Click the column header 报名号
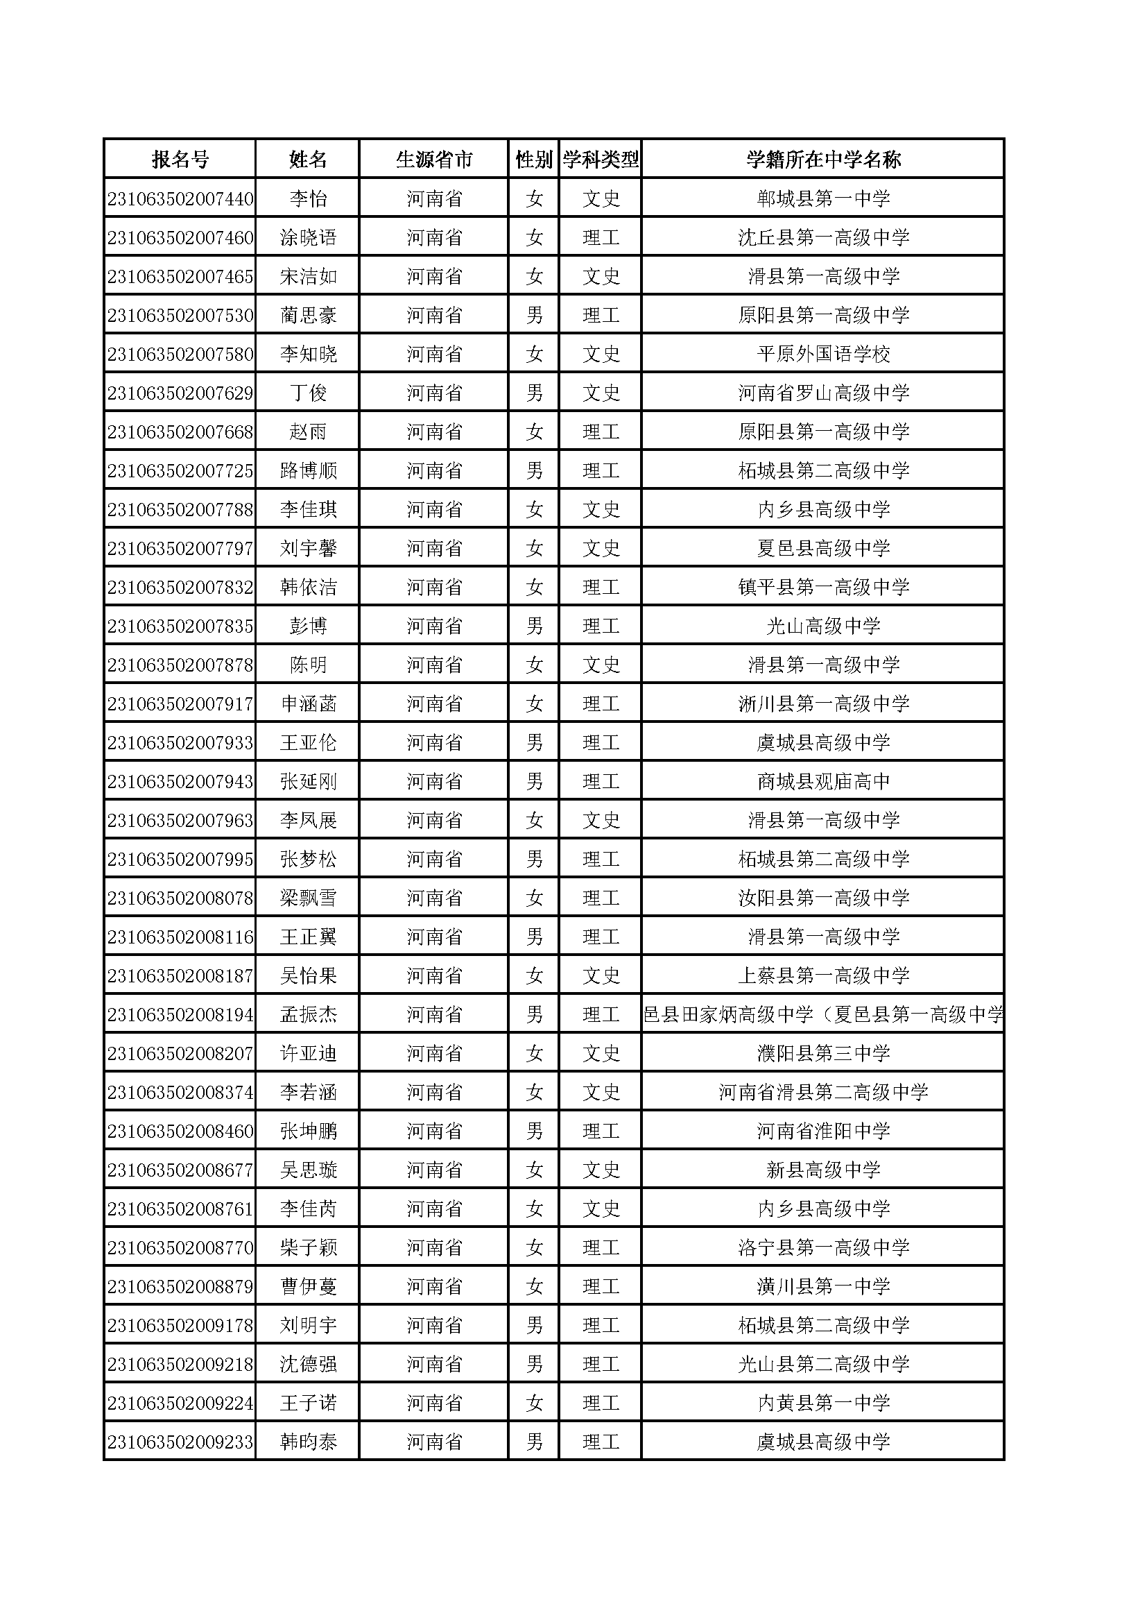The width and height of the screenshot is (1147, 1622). [180, 160]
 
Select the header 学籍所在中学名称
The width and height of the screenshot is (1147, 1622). [823, 160]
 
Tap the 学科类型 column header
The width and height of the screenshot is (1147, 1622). [601, 160]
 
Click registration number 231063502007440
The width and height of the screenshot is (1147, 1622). [180, 198]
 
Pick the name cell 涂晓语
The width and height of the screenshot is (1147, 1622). [308, 237]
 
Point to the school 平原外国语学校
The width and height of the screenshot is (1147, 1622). [823, 354]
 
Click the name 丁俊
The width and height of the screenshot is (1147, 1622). [308, 393]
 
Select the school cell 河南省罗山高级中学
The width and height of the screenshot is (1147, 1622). [823, 393]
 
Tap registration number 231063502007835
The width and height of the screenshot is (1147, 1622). [180, 626]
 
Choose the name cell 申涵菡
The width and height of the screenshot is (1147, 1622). [308, 703]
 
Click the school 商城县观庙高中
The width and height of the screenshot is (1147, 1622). [823, 781]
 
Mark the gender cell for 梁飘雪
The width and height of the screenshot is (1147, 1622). [534, 898]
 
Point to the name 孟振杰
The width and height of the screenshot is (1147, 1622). [308, 1014]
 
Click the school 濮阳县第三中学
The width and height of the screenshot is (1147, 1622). [823, 1053]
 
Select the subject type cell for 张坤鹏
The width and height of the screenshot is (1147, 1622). [601, 1131]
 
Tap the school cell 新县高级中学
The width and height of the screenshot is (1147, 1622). [823, 1170]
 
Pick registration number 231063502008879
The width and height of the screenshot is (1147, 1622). [180, 1286]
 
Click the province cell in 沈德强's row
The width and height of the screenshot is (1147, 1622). [433, 1364]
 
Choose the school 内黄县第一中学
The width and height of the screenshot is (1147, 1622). [823, 1403]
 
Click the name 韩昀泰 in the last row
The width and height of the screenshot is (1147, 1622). [308, 1442]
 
